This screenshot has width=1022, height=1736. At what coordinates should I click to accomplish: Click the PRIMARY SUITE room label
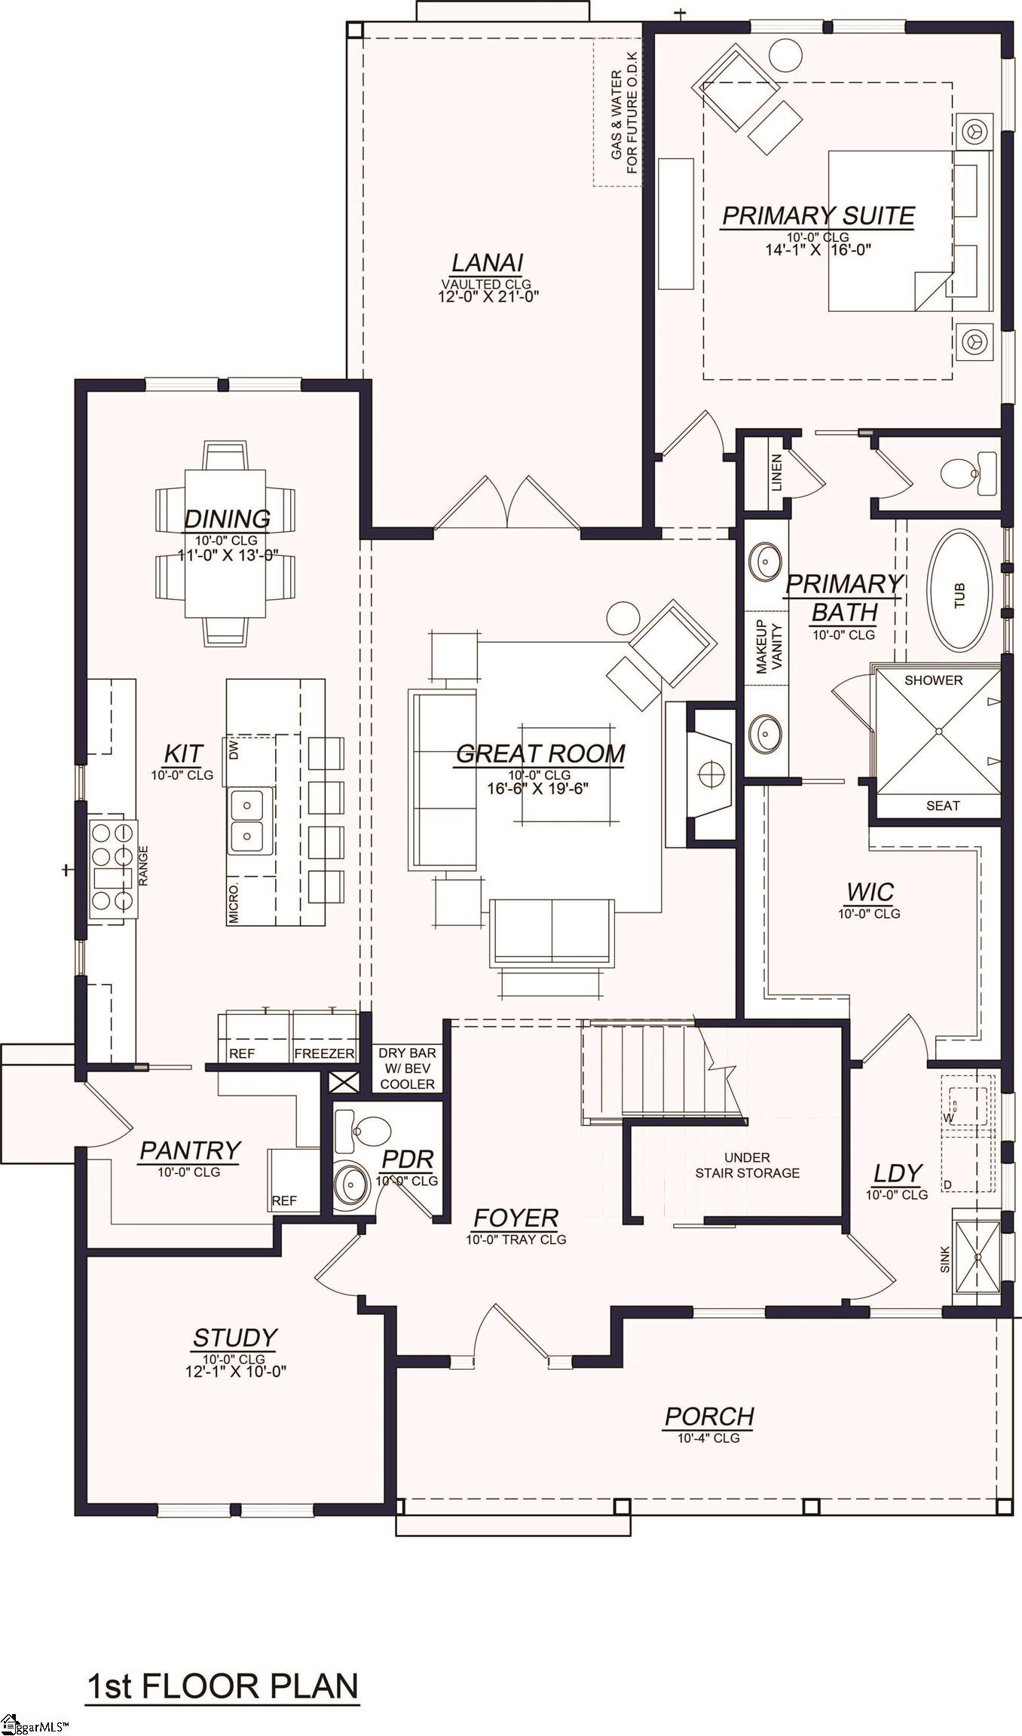pos(818,216)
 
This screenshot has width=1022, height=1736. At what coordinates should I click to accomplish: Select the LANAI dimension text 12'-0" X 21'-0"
pos(488,297)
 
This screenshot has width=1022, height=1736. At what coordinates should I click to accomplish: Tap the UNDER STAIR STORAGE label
pos(747,1165)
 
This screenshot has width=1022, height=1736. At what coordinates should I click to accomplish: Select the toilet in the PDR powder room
pos(363,1132)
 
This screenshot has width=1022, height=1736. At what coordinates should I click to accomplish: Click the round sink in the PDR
pos(351,1187)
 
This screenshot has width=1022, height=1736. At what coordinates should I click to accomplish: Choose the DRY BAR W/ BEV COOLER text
pos(407,1068)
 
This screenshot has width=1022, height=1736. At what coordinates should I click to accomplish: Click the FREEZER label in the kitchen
pos(324,1053)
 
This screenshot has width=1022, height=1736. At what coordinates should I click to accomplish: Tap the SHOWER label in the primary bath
pos(933,680)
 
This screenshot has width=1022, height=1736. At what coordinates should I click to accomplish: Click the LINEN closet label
pos(776,472)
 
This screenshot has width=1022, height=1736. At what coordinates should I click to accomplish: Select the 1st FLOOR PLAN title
pos(223,1686)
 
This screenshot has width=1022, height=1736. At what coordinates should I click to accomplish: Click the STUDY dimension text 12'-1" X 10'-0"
pos(235,1371)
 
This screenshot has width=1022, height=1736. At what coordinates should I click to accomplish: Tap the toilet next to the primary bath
pos(970,473)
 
